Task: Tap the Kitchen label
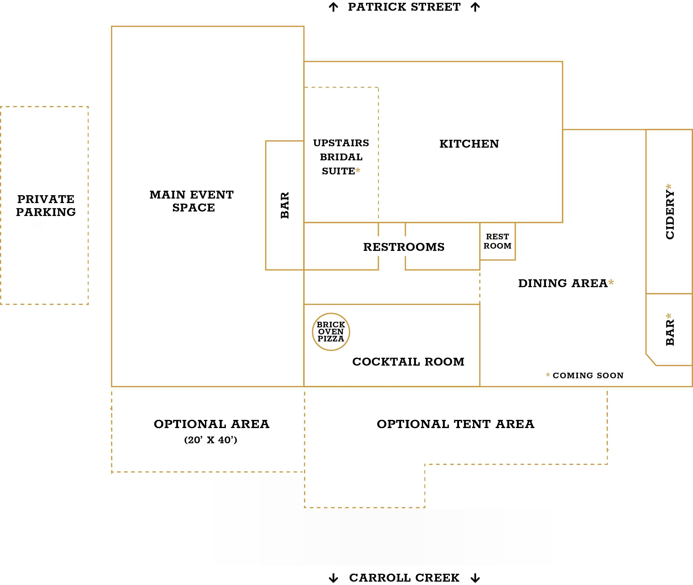point(469,144)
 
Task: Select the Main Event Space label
point(192,201)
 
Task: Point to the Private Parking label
point(46,205)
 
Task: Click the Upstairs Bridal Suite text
point(341,157)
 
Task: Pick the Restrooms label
point(404,247)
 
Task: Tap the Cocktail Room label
point(408,362)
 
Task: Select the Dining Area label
point(563,283)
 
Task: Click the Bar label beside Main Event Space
point(285,205)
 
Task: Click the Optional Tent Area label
point(456,424)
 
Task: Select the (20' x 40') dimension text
point(211,440)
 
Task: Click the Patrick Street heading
point(404,7)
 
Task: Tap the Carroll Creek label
point(404,578)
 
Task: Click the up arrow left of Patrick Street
point(334,7)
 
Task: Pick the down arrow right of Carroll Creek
point(475,578)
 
